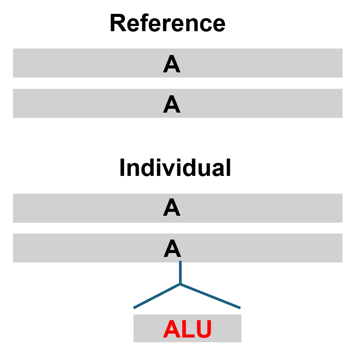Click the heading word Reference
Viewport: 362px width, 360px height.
pos(167,23)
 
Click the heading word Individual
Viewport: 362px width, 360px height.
pos(175,168)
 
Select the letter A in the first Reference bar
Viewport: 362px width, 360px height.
pos(172,64)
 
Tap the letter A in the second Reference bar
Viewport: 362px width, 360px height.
pos(172,104)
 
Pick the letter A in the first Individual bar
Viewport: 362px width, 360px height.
pos(172,207)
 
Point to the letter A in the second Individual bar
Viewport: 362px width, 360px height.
pos(172,248)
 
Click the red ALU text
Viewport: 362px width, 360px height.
pos(187,329)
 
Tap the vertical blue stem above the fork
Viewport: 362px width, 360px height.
pos(180,272)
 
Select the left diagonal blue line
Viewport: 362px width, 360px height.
pos(157,296)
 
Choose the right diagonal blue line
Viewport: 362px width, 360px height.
pos(210,296)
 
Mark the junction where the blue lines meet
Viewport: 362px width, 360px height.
pos(180,284)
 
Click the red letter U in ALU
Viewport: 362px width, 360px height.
pos(204,329)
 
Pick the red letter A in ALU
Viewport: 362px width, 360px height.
pos(172,329)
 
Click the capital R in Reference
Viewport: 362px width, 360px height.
pos(118,23)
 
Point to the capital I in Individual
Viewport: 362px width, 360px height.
pos(122,168)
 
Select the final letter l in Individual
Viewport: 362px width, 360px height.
pos(229,167)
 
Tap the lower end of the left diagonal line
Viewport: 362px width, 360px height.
pos(134,308)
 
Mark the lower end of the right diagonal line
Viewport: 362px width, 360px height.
pos(240,308)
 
